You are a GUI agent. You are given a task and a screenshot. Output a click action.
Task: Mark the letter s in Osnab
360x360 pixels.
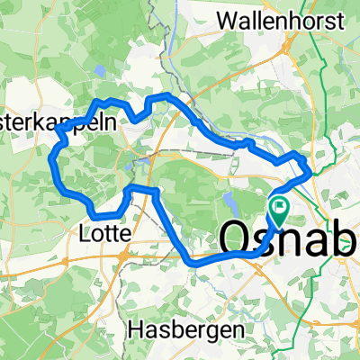[x=268, y=241]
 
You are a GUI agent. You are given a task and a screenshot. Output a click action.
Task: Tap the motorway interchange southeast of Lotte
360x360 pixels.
[x=123, y=257]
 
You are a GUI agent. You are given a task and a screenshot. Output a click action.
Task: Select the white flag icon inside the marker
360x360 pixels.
[x=280, y=208]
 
